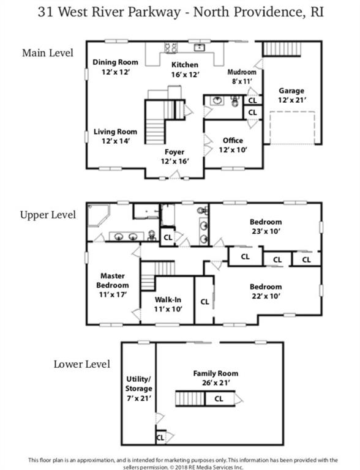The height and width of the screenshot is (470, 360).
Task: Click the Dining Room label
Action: tap(115, 62)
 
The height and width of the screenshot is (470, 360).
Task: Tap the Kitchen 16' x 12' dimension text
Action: tap(185, 75)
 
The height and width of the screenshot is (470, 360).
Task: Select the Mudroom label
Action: tap(242, 72)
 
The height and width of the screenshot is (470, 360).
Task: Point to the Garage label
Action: tap(291, 91)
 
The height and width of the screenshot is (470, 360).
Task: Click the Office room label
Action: tap(233, 140)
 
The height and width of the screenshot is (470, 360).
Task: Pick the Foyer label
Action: tap(174, 152)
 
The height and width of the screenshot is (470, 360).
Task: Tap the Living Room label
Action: tap(115, 132)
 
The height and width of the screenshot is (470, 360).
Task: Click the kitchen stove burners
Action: tap(171, 48)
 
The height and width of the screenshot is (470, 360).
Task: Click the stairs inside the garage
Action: tap(282, 49)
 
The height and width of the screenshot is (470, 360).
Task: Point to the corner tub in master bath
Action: tap(99, 215)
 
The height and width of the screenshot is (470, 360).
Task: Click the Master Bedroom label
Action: tap(113, 280)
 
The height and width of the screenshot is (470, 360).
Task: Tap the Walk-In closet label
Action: tap(168, 299)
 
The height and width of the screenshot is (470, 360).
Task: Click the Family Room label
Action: tap(216, 373)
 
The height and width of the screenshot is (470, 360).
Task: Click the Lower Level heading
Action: tap(82, 364)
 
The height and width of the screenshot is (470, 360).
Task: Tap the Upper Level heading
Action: tap(48, 215)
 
